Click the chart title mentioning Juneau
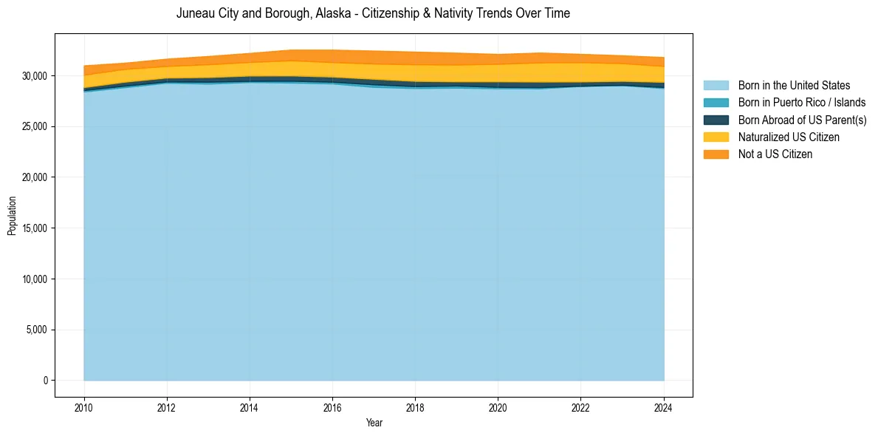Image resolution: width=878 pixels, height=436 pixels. pos(373,13)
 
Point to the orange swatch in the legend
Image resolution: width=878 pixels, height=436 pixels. pos(716,154)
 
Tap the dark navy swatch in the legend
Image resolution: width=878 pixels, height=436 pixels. pos(716,120)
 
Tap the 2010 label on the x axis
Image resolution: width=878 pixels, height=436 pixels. pos(84,407)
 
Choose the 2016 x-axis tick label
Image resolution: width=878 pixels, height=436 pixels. pos(332,407)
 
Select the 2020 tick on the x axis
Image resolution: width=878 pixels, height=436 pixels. pos(498,407)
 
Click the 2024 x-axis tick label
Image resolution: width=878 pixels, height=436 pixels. pos(664,407)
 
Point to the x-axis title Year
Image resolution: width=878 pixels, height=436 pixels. pos(374,423)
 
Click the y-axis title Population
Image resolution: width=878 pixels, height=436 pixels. pos(12,216)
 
